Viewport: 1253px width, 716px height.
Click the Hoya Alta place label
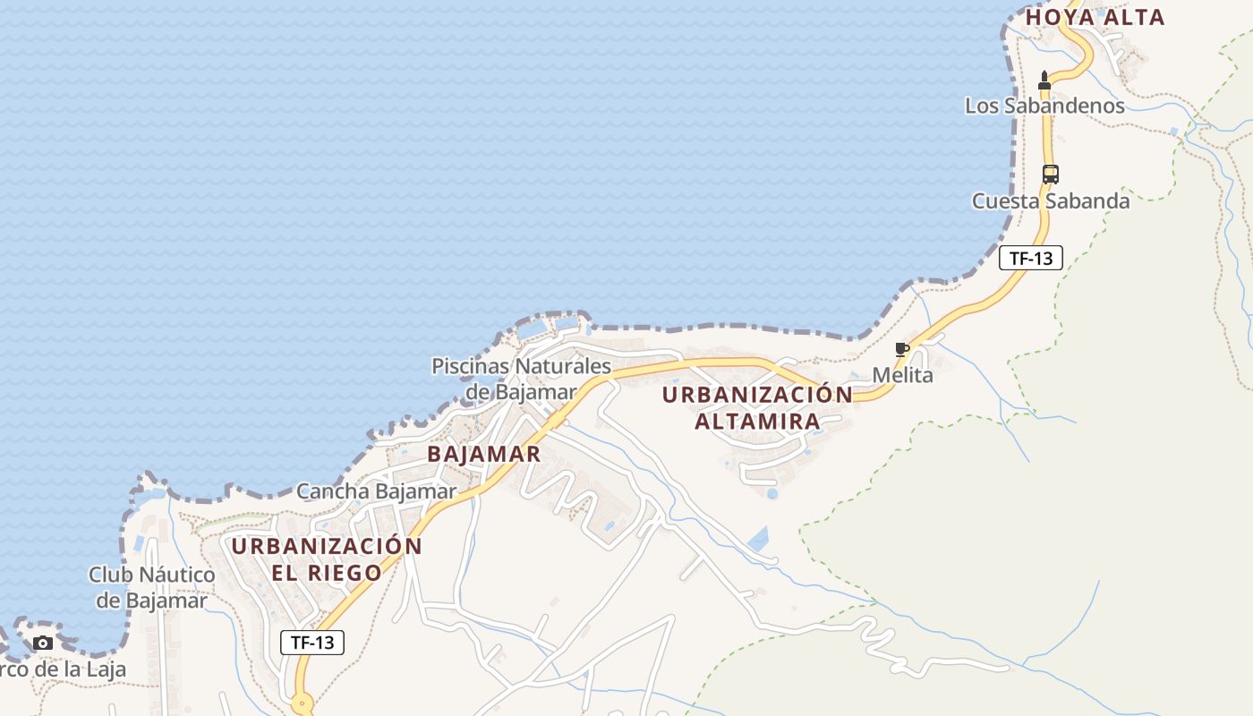tap(1095, 17)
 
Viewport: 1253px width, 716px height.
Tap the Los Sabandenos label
tap(1044, 106)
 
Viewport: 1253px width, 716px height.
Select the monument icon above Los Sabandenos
tap(1044, 80)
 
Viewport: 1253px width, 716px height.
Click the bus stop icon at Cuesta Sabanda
tap(1051, 175)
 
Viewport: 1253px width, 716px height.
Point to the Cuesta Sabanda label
tap(1051, 201)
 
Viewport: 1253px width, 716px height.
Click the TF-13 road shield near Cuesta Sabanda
tap(1031, 259)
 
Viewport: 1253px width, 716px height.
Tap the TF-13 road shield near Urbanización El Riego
tap(312, 642)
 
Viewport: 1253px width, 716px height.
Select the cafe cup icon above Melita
tap(901, 349)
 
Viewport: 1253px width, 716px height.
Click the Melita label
tap(902, 375)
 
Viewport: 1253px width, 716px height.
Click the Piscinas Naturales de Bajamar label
tap(521, 379)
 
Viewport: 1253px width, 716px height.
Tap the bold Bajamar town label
tap(483, 454)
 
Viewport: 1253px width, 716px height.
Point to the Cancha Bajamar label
tap(376, 491)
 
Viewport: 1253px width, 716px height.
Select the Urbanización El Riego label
tap(327, 558)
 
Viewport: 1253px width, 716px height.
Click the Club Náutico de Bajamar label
tap(151, 587)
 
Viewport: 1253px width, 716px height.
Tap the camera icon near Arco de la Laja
tap(42, 643)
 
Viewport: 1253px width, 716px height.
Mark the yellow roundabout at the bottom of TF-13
tap(302, 705)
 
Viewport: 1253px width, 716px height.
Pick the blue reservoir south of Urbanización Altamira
tap(758, 539)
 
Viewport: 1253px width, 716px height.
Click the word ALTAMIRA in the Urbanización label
tap(757, 421)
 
